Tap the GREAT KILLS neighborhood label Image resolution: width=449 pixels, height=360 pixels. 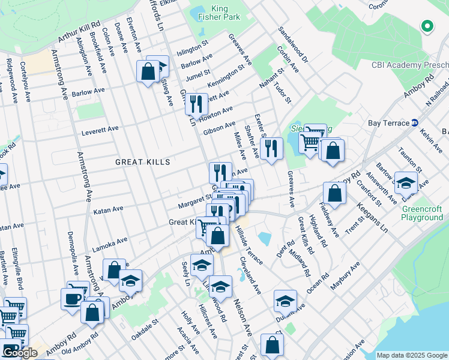(x=143, y=162)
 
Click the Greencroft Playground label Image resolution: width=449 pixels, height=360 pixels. (x=422, y=214)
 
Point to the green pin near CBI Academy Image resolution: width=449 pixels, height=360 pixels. (x=427, y=26)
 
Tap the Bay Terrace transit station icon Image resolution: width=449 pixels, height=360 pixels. (x=414, y=123)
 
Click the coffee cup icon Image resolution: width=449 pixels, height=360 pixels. (x=72, y=299)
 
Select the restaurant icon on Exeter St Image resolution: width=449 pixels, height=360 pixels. (x=272, y=148)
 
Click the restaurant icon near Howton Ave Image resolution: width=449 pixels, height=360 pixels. (x=196, y=103)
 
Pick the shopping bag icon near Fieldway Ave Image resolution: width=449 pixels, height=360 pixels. (x=334, y=193)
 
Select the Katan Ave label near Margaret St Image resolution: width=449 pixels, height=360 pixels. (x=109, y=209)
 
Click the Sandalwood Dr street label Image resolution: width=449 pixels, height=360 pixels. (x=293, y=45)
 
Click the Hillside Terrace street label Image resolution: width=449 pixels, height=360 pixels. (x=250, y=246)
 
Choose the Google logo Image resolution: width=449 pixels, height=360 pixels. (x=20, y=353)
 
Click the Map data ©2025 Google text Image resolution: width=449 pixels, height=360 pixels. (x=411, y=355)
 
